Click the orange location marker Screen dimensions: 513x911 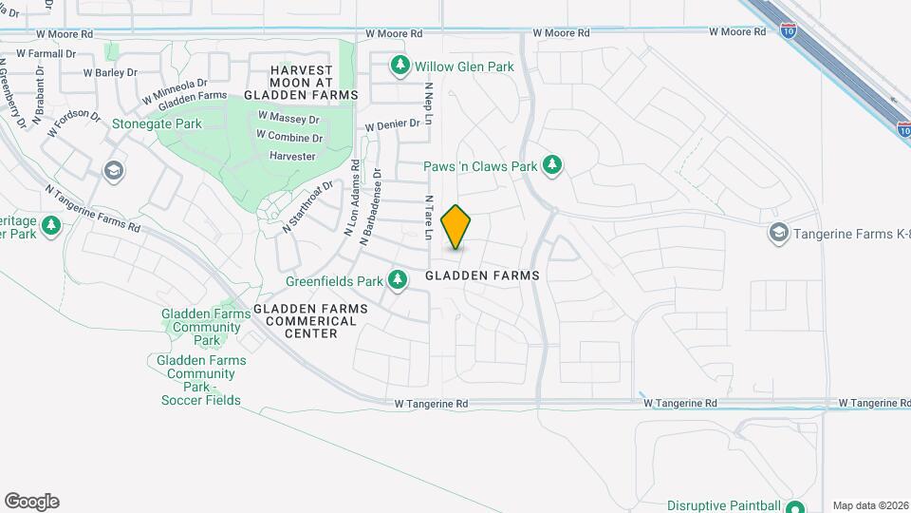point(456,226)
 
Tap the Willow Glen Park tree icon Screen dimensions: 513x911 point(400,66)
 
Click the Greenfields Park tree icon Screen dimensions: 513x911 point(400,280)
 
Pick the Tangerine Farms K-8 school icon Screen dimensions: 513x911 point(778,234)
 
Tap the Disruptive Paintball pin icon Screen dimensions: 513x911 point(795,506)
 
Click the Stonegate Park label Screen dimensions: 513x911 point(157,123)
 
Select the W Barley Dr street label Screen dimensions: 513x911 point(110,72)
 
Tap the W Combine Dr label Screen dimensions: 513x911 point(290,138)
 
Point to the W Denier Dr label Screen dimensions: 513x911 point(392,124)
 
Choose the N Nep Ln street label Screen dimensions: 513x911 point(429,104)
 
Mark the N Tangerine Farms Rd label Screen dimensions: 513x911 point(92,207)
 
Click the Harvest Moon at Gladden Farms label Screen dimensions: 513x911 point(301,83)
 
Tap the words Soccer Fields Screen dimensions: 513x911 point(200,400)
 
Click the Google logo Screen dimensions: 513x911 point(31,502)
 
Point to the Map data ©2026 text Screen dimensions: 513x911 point(869,505)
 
